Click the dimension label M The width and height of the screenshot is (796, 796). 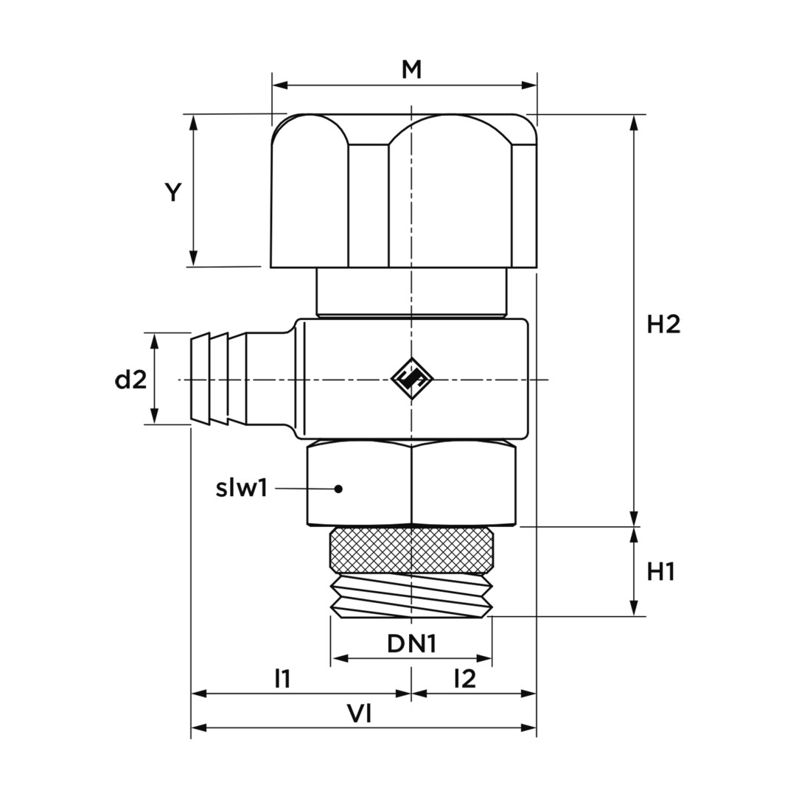click(411, 69)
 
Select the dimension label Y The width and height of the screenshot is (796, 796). click(173, 192)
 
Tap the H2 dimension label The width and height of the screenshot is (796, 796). click(663, 324)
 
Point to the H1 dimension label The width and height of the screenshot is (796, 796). click(660, 572)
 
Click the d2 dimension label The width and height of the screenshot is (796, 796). click(131, 379)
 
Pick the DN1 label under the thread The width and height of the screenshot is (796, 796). click(411, 644)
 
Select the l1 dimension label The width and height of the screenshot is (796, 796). click(282, 678)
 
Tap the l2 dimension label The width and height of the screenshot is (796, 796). click(465, 678)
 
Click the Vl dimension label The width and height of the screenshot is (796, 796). click(360, 714)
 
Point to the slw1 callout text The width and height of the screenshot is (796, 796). click(242, 489)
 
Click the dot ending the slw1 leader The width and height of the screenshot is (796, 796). click(338, 489)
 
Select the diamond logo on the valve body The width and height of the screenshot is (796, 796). click(412, 379)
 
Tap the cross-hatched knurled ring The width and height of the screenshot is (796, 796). click(412, 549)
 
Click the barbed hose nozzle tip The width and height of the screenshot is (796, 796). click(200, 379)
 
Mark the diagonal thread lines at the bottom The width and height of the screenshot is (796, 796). click(412, 594)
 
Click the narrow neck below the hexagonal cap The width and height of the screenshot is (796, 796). click(411, 292)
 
